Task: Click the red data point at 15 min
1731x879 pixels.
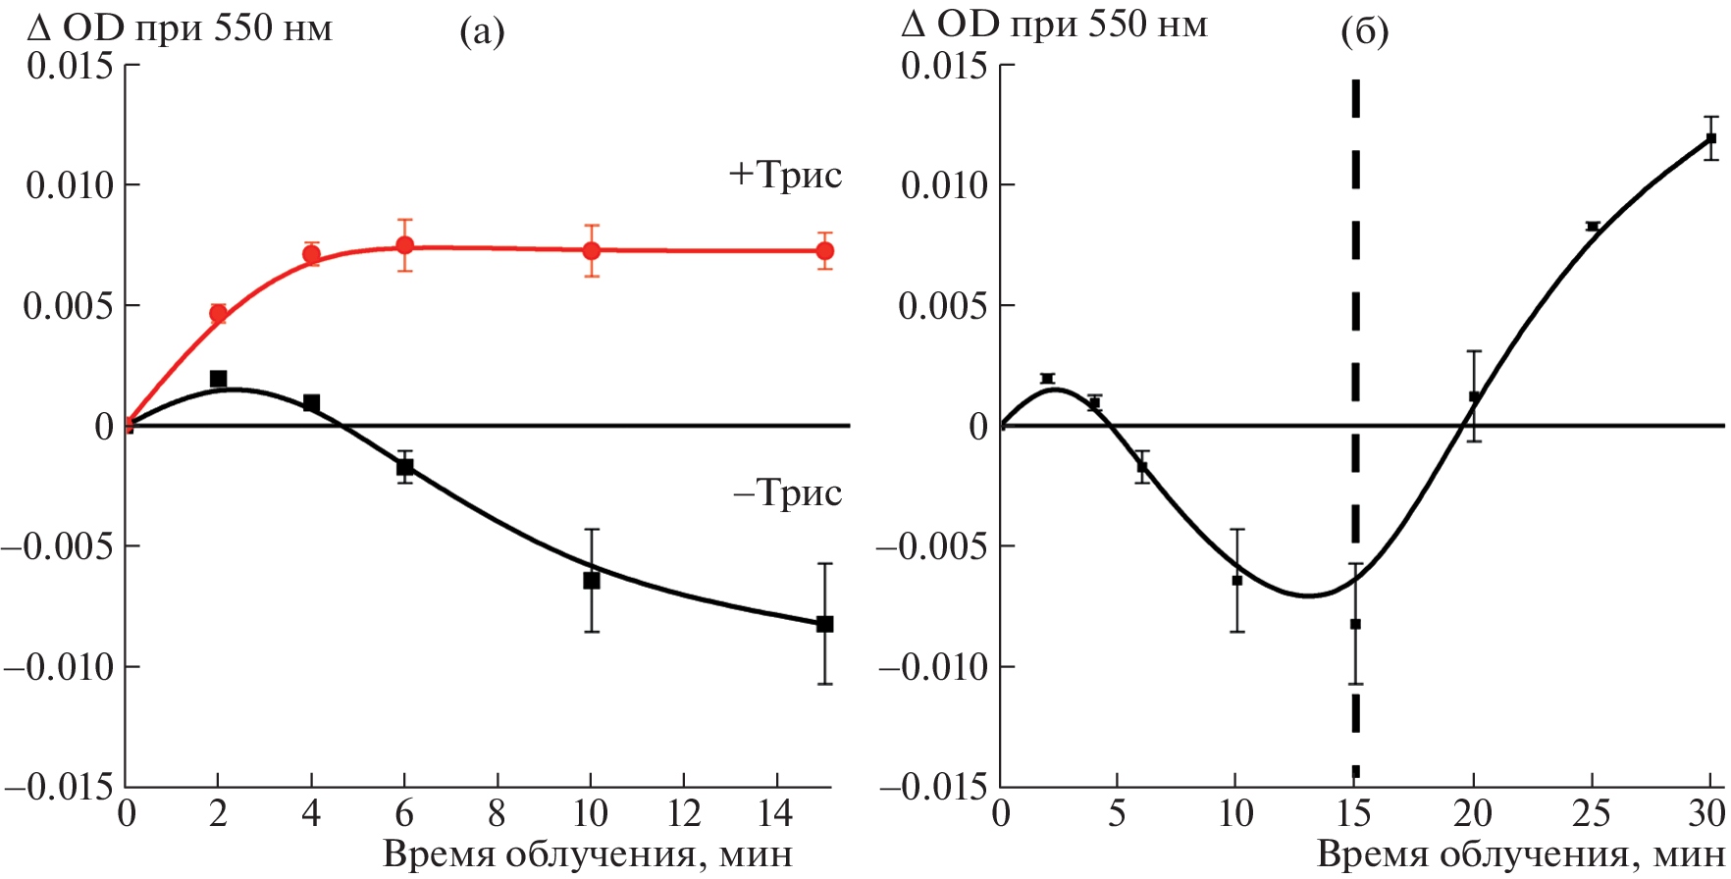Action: pos(824,251)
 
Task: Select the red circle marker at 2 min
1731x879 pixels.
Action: pos(218,314)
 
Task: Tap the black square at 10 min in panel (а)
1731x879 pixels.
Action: pos(591,581)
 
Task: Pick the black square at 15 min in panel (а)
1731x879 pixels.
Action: pos(824,624)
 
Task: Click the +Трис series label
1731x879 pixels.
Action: pos(785,175)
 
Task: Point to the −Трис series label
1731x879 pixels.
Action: pos(787,492)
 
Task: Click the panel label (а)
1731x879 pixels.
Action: pos(482,32)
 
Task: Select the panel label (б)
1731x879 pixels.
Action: pos(1364,32)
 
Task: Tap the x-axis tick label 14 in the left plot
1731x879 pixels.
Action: pos(777,813)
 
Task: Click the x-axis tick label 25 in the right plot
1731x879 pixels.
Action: pos(1592,813)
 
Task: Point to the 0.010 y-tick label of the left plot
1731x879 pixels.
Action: pos(69,185)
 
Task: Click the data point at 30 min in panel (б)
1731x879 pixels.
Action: pos(1710,138)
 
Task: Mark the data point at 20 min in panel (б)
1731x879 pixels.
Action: pos(1474,396)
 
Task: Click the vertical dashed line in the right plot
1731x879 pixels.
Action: pos(1355,294)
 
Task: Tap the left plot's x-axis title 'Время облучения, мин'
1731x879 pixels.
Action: pos(587,854)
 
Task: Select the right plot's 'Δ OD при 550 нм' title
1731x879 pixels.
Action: pos(1054,25)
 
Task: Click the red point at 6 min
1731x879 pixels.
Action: pos(404,245)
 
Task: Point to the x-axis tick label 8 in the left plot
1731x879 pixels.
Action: pos(498,813)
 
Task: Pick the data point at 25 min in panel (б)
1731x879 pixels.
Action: pos(1593,227)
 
